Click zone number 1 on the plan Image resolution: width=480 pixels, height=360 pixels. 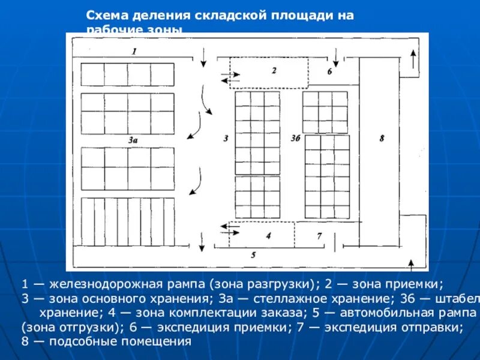pos(134,52)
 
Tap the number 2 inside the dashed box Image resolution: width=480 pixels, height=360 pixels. pos(274,70)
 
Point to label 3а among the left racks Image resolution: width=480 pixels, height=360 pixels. pos(133,139)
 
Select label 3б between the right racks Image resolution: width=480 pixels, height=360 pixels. pos(295,138)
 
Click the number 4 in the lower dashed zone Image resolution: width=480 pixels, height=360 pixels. pos(268,235)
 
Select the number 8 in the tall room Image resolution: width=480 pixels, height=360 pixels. pos(382,138)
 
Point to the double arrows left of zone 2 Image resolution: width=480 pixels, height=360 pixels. pos(230,76)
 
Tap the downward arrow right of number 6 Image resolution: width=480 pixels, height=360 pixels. pos(336,57)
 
